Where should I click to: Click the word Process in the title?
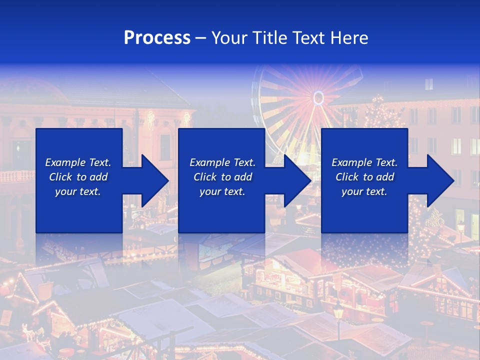157,38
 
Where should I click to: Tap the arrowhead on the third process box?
440,180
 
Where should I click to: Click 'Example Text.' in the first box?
78,162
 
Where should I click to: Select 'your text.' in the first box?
78,191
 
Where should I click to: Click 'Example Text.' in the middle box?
222,162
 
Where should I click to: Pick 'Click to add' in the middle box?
222,177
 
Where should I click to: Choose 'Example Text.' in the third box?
364,162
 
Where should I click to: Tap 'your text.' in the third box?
364,191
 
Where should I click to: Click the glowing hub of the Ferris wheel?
318,97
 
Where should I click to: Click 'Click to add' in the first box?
78,177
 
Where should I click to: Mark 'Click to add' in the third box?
364,177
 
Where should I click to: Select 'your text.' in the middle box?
222,191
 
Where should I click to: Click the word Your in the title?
230,38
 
